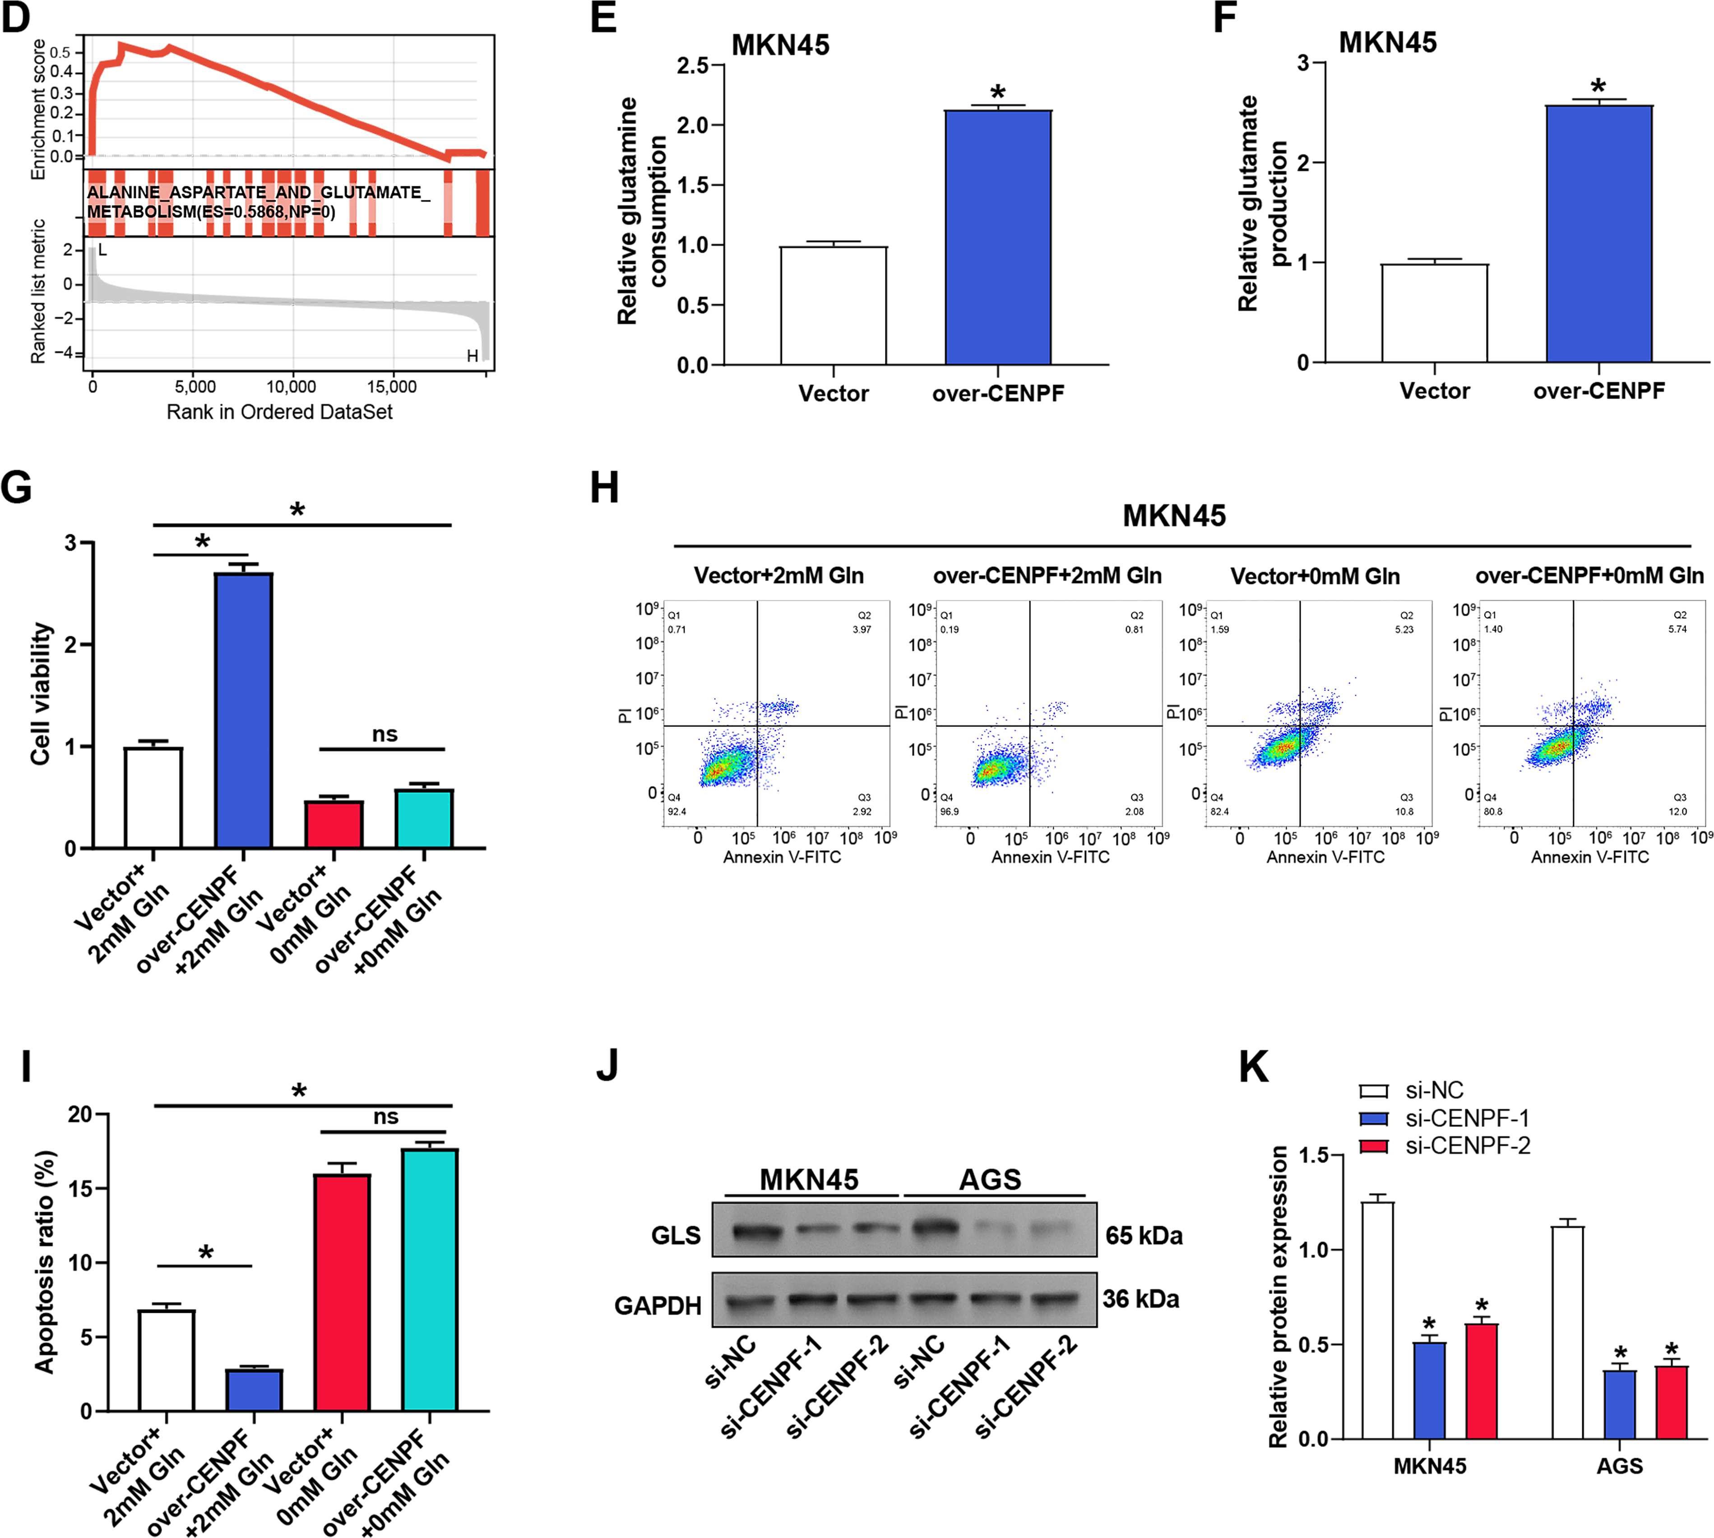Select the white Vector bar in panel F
[1434, 314]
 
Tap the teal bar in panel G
[423, 818]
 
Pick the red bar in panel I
[342, 1292]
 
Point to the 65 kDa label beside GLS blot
[1144, 1236]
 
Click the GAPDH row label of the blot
[658, 1306]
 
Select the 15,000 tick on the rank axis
[391, 387]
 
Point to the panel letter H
[604, 488]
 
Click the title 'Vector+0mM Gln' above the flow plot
[1315, 576]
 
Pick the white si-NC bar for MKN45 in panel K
[1377, 1320]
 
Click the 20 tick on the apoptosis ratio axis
[80, 1115]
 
